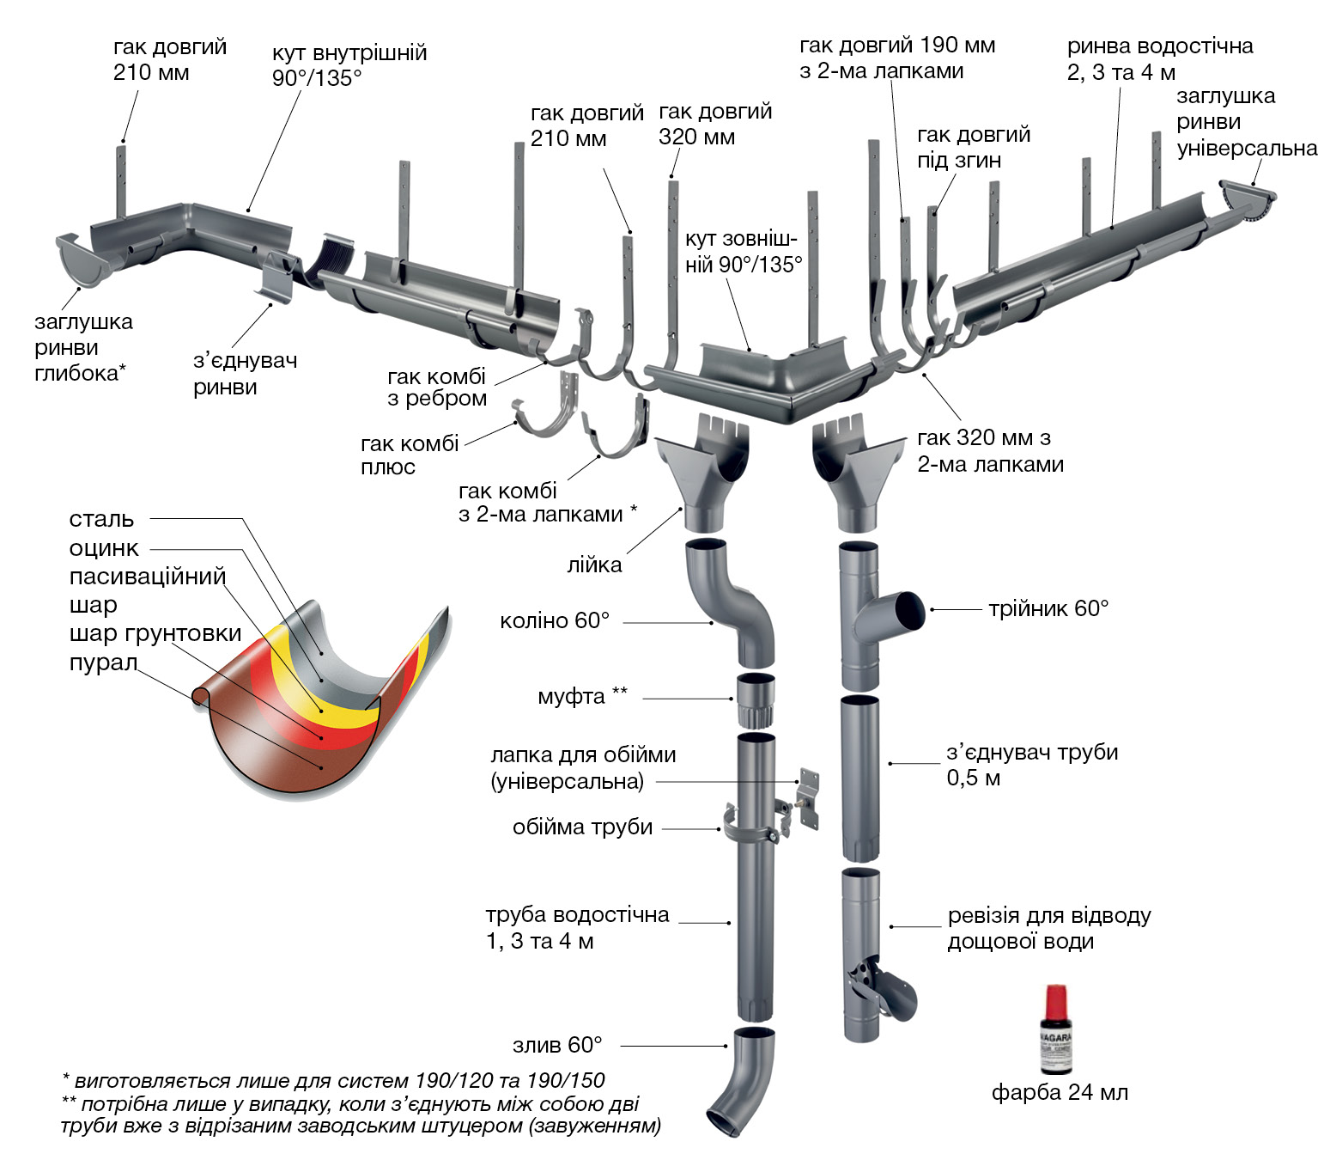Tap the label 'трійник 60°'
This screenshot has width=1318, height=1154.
pyautogui.click(x=1048, y=609)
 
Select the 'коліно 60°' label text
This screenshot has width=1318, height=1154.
pyautogui.click(x=555, y=620)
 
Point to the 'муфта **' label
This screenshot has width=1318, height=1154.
pyautogui.click(x=582, y=695)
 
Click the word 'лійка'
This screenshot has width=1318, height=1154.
pyautogui.click(x=594, y=565)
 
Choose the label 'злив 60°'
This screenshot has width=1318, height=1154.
pyautogui.click(x=557, y=1045)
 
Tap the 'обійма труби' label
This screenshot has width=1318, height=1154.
pyautogui.click(x=582, y=827)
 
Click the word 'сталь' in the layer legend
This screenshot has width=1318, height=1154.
pyautogui.click(x=101, y=519)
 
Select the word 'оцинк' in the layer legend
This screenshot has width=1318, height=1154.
pyautogui.click(x=104, y=548)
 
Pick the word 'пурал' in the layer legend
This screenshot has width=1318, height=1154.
pyautogui.click(x=103, y=663)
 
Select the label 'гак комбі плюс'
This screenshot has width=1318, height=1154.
pyautogui.click(x=410, y=455)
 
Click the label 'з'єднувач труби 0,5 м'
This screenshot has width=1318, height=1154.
pyautogui.click(x=1031, y=765)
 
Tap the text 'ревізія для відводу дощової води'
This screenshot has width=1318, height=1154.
pyautogui.click(x=1048, y=928)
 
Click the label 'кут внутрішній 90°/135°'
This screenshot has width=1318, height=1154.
pyautogui.click(x=349, y=65)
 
